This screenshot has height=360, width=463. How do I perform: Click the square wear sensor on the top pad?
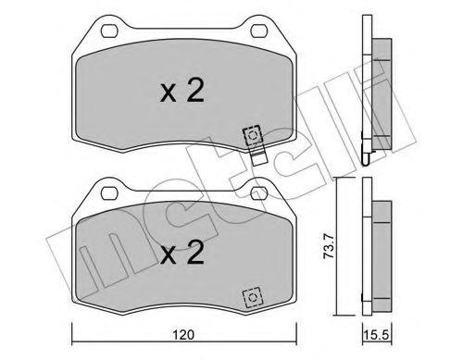252,135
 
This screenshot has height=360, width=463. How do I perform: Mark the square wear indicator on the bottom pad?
250,299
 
